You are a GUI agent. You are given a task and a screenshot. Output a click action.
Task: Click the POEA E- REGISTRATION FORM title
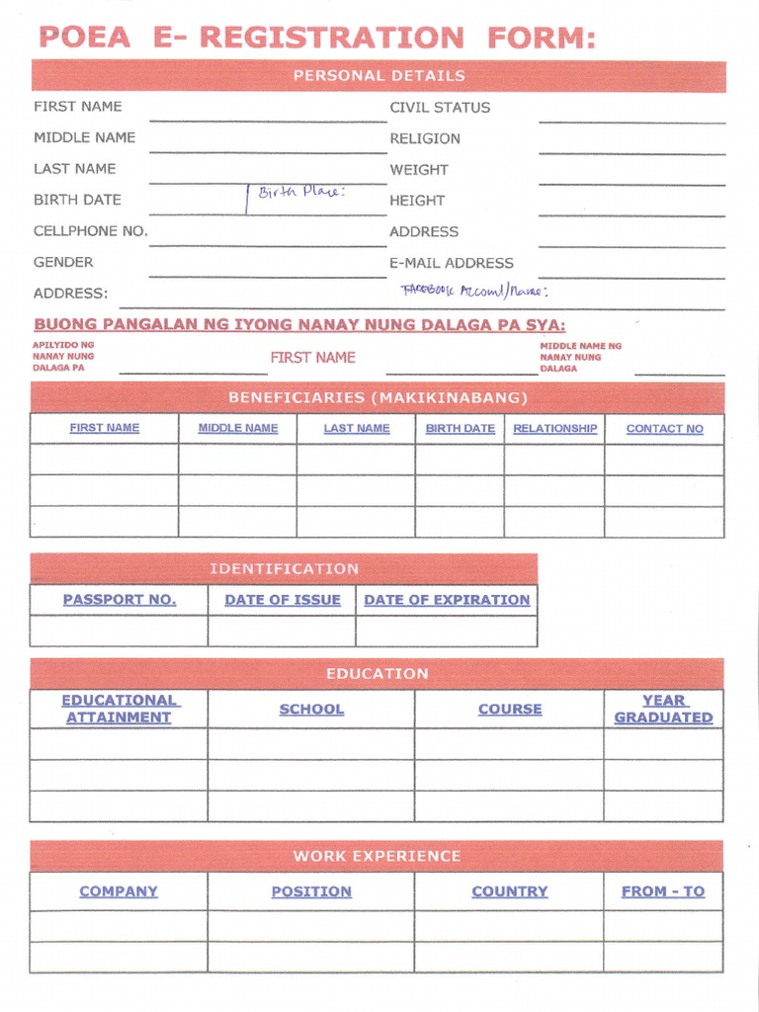pos(317,38)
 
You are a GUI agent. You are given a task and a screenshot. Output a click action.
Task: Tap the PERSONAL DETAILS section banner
pos(379,76)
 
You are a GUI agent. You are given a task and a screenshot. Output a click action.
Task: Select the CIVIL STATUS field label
pos(440,108)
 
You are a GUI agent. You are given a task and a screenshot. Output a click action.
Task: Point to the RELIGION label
pos(425,138)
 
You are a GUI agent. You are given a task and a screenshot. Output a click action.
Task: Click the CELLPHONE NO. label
pos(90,231)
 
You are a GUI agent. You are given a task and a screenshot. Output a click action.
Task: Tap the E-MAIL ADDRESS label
pos(452,263)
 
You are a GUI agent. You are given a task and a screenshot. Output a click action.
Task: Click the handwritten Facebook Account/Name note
pos(473,292)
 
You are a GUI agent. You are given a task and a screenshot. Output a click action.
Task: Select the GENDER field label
pos(63,262)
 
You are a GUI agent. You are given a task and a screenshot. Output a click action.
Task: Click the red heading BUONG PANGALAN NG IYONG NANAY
pos(299,325)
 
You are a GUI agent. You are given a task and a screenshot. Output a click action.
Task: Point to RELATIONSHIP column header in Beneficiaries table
pos(554,429)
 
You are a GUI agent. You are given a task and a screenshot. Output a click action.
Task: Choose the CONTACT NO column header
pos(664,429)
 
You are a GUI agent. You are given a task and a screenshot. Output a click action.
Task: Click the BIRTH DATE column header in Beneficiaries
pos(460,429)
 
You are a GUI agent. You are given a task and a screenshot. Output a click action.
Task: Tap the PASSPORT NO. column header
pos(120,600)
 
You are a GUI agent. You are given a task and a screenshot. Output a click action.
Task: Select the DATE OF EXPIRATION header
pos(447,600)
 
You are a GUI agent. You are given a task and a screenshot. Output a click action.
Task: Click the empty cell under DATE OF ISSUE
pos(282,631)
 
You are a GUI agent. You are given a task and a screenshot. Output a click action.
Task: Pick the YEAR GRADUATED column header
pos(663,709)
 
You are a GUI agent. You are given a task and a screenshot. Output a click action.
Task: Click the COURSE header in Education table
pos(510,710)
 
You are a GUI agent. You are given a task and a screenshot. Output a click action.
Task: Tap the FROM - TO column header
pos(663,891)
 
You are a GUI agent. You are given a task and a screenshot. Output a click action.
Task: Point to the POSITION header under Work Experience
pos(311,891)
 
